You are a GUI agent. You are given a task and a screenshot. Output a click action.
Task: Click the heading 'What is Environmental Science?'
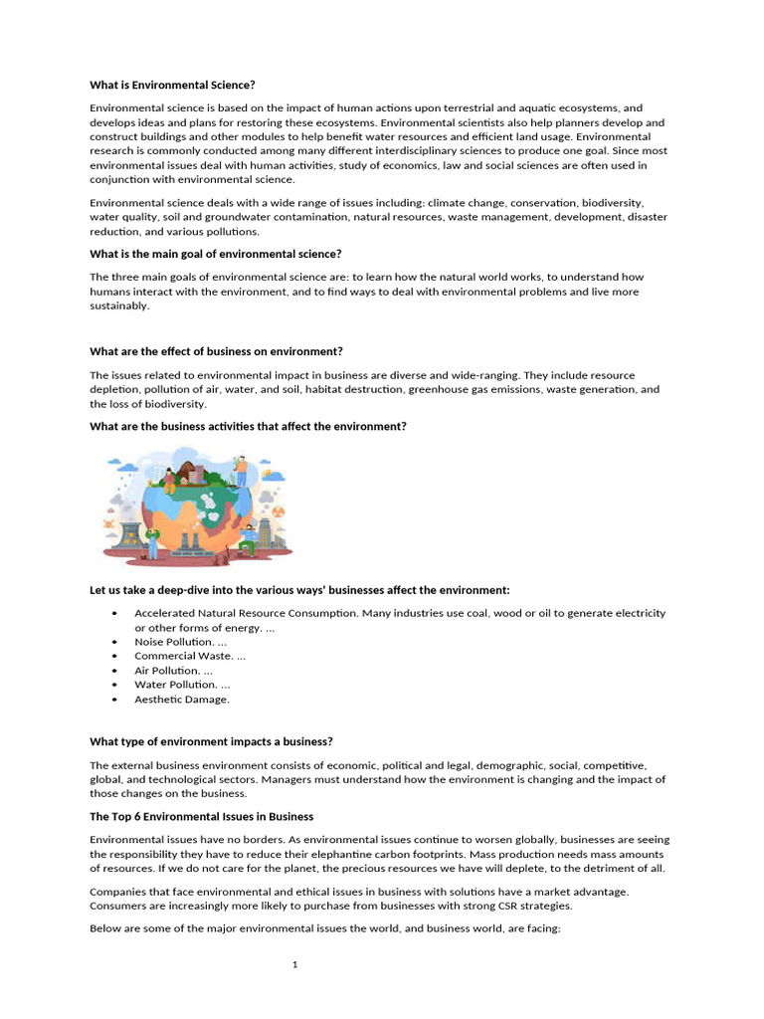coord(179,85)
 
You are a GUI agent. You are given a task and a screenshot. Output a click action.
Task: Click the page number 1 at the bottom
coord(295,964)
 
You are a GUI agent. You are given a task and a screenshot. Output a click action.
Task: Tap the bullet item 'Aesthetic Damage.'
coord(182,699)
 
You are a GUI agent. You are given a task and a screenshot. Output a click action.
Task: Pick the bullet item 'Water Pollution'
coord(182,685)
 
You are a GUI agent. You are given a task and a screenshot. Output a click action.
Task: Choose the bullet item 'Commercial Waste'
coord(190,656)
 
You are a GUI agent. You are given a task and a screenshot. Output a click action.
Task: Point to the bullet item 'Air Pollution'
coord(173,671)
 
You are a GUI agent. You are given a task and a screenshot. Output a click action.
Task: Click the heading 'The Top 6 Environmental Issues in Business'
coord(201,816)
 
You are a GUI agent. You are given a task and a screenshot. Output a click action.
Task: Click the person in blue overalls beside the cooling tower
coord(152,541)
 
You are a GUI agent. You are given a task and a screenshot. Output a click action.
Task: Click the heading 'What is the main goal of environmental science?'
coord(215,254)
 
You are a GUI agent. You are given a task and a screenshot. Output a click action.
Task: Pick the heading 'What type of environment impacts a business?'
coord(211,741)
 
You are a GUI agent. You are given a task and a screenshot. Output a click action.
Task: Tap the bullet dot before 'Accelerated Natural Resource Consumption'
coord(116,614)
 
